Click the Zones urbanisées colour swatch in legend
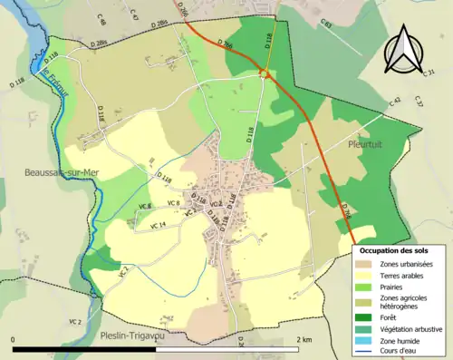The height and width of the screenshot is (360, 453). click(x=363, y=264)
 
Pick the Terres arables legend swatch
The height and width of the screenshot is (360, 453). click(x=363, y=275)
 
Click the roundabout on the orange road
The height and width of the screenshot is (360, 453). click(x=265, y=73)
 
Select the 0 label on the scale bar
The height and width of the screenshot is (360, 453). click(x=14, y=339)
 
